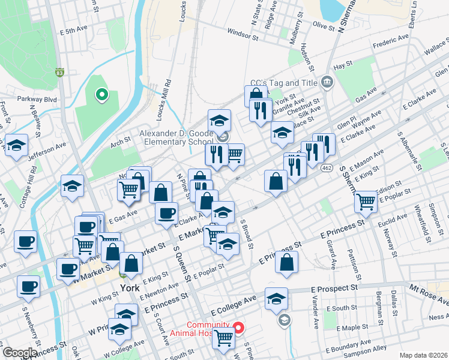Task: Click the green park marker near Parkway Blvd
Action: click(x=102, y=94)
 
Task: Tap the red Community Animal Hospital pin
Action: click(x=238, y=328)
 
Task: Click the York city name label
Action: click(x=130, y=287)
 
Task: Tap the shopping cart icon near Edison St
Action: click(x=366, y=202)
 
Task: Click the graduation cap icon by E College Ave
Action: click(x=276, y=299)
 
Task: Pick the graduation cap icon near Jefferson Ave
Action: click(x=16, y=145)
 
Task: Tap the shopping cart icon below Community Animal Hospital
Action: click(x=224, y=338)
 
